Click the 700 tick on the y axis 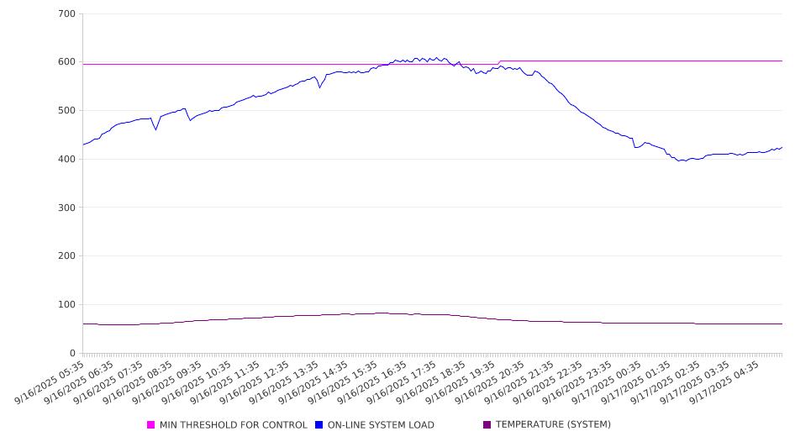67,14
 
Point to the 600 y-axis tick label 67,62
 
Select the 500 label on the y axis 67,111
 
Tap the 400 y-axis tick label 67,160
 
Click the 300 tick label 67,208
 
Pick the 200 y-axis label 67,256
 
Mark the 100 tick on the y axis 67,305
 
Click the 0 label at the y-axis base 73,354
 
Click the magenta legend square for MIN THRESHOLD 151,425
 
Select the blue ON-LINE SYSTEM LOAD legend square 319,425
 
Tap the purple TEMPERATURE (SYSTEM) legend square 487,425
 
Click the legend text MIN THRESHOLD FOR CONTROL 233,425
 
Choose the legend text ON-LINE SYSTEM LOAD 381,425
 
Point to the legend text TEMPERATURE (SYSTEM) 553,425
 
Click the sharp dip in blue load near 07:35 155,129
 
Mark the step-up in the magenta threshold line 500,62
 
